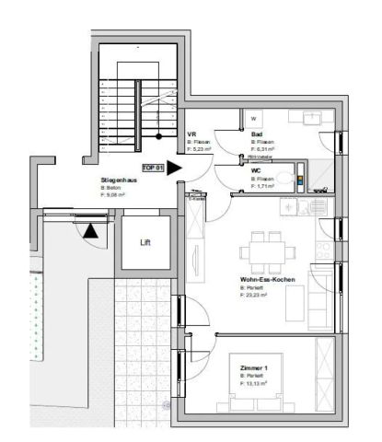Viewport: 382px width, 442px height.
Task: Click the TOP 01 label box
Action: (152, 168)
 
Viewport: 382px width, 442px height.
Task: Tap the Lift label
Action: (145, 243)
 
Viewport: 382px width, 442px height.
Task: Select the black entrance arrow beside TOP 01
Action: (175, 169)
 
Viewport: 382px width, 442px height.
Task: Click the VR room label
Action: (191, 134)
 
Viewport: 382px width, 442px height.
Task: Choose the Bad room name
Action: (257, 134)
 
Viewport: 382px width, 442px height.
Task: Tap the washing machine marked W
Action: (254, 117)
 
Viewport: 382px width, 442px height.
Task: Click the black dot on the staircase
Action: (159, 136)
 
